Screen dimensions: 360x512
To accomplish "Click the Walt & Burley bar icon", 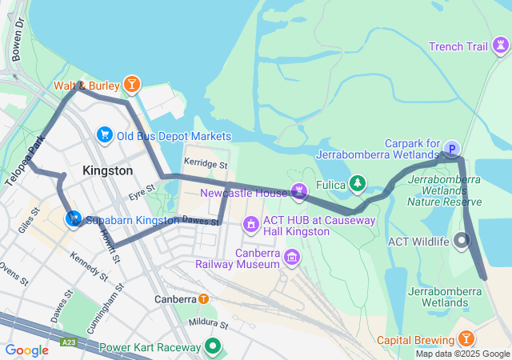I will point(131,85).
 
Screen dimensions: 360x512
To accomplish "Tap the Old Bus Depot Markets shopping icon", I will point(104,135).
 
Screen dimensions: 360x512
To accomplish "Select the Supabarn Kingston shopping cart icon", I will point(74,218).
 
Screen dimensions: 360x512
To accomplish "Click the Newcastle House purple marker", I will point(299,192).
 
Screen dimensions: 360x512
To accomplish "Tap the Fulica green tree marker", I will point(357,185).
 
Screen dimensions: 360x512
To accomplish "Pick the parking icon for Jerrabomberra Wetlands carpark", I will point(452,148).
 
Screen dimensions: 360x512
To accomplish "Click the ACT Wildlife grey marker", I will point(462,240).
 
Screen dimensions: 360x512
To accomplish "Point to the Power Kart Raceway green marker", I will point(213,347).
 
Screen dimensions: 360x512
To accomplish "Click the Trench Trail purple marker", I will point(499,46).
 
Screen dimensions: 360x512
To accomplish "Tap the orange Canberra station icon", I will point(203,299).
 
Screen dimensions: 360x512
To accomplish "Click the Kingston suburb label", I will point(107,170).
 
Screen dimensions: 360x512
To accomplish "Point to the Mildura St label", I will point(209,326).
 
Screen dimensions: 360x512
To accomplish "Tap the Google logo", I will point(26,350).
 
